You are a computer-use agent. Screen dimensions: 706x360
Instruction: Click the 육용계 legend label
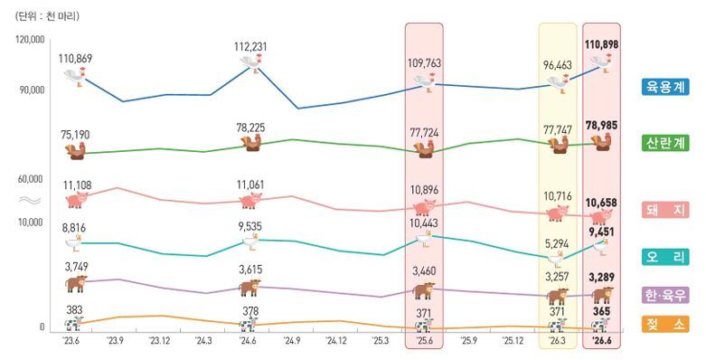(665, 87)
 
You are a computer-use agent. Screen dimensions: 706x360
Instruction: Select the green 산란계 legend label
(665, 143)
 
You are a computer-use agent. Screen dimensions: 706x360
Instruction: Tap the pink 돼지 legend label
(665, 210)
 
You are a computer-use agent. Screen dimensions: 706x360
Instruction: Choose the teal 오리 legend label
(665, 257)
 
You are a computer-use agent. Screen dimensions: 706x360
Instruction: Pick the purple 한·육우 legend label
(665, 296)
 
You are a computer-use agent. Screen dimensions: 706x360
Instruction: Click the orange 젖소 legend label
(665, 324)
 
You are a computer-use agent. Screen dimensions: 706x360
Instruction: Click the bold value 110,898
(601, 44)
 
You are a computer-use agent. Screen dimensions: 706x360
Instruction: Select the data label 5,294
(557, 244)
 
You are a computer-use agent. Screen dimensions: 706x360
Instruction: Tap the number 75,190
(75, 135)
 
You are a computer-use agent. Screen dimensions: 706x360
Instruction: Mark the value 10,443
(424, 223)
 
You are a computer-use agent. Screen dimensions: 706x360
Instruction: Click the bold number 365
(601, 311)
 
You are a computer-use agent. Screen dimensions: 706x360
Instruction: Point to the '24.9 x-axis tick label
(292, 341)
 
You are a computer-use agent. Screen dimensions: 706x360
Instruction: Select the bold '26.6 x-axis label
(602, 341)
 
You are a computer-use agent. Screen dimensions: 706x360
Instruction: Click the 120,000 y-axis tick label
(30, 39)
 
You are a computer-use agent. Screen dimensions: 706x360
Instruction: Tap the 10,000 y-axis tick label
(31, 223)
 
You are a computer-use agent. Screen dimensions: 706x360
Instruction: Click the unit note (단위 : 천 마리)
(47, 16)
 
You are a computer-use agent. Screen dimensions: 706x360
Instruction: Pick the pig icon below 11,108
(77, 199)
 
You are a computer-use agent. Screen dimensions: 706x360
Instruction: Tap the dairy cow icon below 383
(74, 323)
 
